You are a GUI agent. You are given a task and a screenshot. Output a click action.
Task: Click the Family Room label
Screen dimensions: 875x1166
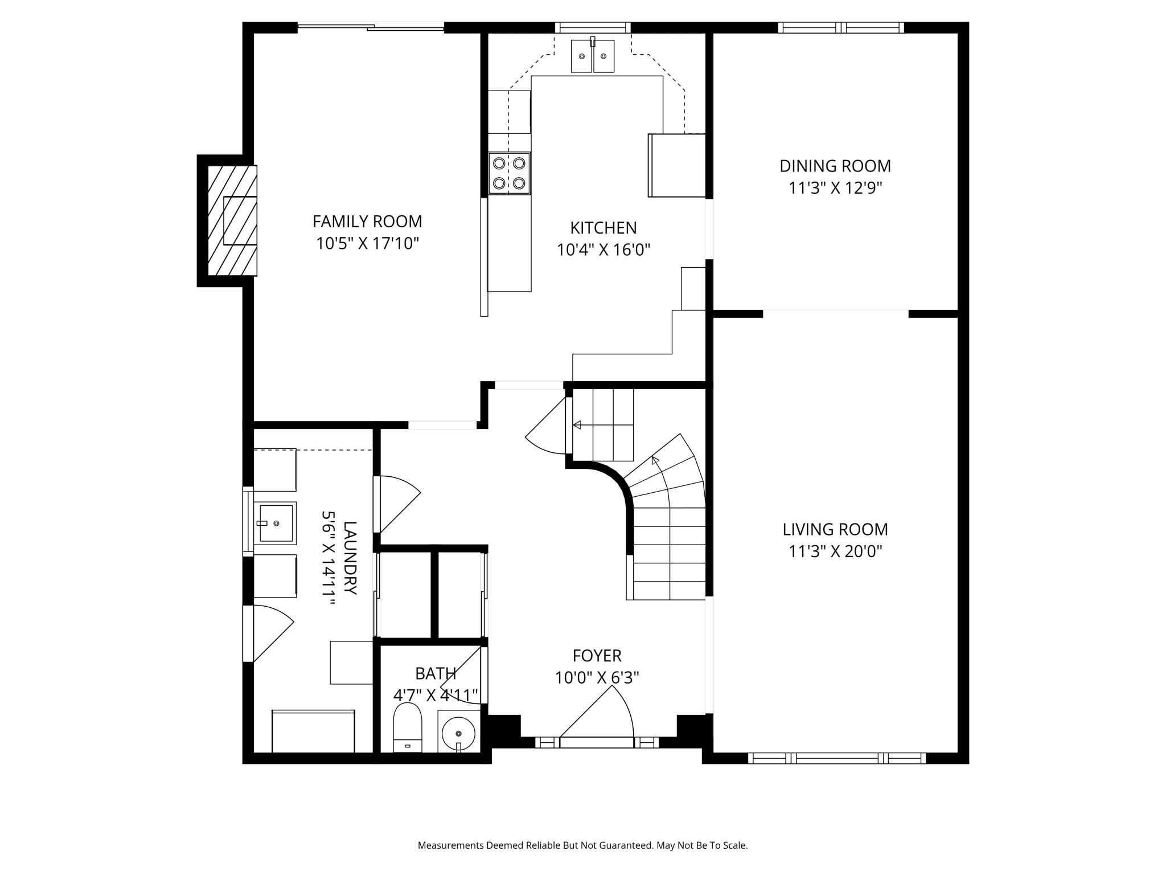pyautogui.click(x=367, y=221)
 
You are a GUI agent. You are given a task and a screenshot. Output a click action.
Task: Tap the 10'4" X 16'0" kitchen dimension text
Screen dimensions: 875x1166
pyautogui.click(x=603, y=250)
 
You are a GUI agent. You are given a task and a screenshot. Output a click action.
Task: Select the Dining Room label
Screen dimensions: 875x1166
pyautogui.click(x=835, y=166)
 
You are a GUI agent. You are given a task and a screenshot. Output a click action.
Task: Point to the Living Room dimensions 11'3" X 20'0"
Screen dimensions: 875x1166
pyautogui.click(x=835, y=551)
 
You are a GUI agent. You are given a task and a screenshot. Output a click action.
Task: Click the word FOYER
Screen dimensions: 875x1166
pyautogui.click(x=597, y=656)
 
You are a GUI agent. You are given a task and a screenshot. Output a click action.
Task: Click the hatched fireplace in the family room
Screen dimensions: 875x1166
pyautogui.click(x=232, y=220)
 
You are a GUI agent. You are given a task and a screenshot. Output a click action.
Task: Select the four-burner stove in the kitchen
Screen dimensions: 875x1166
pyautogui.click(x=509, y=173)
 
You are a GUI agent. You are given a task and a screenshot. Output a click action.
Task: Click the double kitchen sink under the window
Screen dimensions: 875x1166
pyautogui.click(x=592, y=56)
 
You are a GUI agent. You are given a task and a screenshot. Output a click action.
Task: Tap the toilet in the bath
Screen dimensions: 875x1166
pyautogui.click(x=408, y=727)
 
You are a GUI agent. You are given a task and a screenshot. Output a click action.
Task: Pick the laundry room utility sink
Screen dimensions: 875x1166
pyautogui.click(x=275, y=523)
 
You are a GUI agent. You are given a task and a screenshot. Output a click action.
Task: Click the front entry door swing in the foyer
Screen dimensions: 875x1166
pyautogui.click(x=603, y=715)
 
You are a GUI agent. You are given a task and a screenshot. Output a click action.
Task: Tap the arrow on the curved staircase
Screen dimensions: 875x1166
pyautogui.click(x=655, y=460)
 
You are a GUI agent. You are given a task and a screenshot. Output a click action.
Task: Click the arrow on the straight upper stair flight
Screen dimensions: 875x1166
pyautogui.click(x=577, y=425)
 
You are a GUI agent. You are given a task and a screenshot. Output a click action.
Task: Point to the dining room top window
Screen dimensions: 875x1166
pyautogui.click(x=841, y=27)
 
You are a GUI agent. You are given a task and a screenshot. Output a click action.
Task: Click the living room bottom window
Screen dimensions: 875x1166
pyautogui.click(x=836, y=758)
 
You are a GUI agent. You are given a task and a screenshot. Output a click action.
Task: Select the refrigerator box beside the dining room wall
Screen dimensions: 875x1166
pyautogui.click(x=676, y=165)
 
